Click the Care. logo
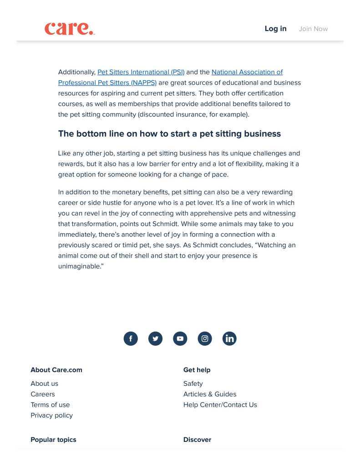(69, 29)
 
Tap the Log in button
(275, 29)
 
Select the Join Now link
(313, 29)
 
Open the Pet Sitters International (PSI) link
(141, 72)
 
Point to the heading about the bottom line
(169, 133)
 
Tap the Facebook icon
(131, 338)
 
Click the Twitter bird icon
(155, 338)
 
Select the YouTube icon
(180, 338)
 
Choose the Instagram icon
(205, 338)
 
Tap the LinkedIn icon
(229, 338)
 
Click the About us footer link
(44, 384)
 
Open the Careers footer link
(43, 394)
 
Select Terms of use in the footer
(50, 405)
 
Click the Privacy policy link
(51, 415)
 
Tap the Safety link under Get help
(193, 384)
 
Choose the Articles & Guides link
(210, 394)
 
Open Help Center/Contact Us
(220, 405)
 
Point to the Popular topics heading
(53, 440)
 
